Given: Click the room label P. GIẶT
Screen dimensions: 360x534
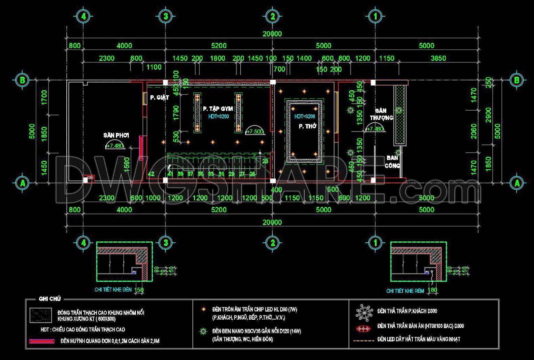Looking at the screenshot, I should click(160, 98).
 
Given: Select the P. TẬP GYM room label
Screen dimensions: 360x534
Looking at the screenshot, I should click(218, 109).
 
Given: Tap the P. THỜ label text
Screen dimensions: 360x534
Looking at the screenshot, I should click(307, 126).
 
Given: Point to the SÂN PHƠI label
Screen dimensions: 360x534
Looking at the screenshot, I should click(116, 135).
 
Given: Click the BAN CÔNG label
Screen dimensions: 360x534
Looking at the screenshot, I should click(393, 162).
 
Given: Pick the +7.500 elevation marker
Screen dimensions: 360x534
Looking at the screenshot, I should click(254, 131).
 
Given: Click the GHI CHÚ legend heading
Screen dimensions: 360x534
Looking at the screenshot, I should click(50, 299).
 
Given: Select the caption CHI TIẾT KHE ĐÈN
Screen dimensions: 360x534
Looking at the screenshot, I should click(113, 289).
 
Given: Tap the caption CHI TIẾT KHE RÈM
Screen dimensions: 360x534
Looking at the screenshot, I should click(405, 291).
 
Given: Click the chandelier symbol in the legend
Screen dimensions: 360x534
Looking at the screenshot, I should click(364, 312).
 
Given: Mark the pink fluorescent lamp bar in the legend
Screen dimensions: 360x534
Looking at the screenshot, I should click(42, 341).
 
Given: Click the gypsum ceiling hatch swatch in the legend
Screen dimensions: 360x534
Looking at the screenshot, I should click(40, 315).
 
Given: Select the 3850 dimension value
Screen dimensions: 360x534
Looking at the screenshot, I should click(438, 58).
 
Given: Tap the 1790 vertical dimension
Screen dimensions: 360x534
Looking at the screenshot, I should click(176, 113).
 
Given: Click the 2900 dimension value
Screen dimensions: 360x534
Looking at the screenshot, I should click(488, 115).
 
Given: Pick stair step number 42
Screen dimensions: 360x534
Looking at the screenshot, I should click(151, 174).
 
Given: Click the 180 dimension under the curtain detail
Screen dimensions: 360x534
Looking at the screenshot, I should click(432, 290).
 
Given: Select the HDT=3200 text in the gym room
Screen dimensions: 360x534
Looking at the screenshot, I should click(218, 117).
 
